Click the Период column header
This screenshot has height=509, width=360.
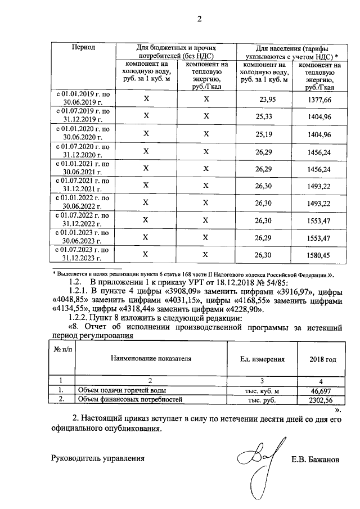(x=83, y=48)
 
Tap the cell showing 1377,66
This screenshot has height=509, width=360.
(x=319, y=99)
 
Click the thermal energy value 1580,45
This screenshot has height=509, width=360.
(x=319, y=254)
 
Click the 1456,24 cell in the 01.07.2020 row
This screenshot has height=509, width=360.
(x=319, y=151)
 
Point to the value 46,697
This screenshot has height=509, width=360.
(x=322, y=390)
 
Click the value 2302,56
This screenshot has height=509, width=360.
(x=322, y=400)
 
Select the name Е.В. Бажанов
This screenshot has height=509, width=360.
(x=316, y=458)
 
